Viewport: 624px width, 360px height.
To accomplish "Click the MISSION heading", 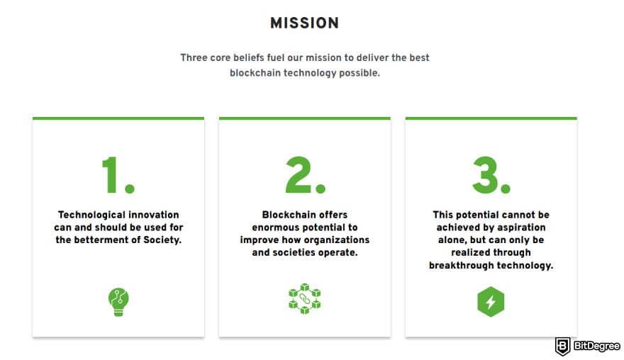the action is coord(304,23).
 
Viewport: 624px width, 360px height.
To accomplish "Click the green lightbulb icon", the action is coord(118,302).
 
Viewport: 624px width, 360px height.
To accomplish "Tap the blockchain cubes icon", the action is coord(305,299).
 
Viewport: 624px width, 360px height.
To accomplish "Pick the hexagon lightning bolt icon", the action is coord(491,302).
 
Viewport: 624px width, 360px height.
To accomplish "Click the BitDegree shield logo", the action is coord(563,346).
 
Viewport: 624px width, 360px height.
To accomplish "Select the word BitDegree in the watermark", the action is coord(596,346).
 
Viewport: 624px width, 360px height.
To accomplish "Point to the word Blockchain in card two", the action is coord(285,215).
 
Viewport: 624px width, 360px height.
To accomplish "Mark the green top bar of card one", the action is coord(118,118).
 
